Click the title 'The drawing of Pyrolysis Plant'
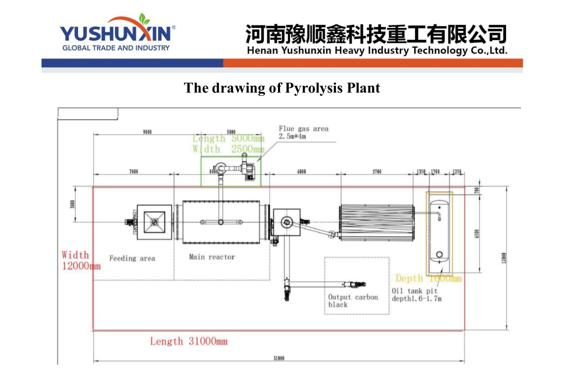282,88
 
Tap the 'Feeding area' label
132,258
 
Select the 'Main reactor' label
212,257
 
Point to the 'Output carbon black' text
353,301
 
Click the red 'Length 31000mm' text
188,342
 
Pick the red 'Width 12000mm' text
80,260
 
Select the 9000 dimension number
147,132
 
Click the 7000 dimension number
133,172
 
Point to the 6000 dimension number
301,172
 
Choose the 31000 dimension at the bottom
279,358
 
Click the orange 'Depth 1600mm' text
428,279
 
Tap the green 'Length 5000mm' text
228,139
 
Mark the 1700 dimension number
435,172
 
